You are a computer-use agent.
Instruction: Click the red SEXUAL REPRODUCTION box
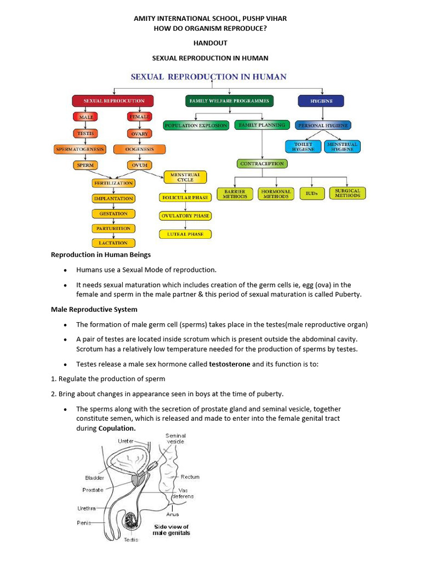(113, 101)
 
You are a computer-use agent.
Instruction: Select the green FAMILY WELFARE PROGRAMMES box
(229, 101)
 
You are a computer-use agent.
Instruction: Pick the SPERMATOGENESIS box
(80, 149)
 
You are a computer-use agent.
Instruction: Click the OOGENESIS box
(139, 149)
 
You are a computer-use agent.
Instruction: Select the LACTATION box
(113, 243)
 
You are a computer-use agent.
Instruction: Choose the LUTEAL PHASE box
(185, 234)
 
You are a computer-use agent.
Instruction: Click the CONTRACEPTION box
(262, 163)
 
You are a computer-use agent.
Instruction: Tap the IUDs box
(311, 193)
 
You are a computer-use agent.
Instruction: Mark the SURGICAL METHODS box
(348, 193)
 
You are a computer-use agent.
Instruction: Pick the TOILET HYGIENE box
(303, 146)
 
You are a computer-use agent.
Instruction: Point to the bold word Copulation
(117, 428)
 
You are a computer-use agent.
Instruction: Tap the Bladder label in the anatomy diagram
(95, 477)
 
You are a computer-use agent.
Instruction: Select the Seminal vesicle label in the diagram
(175, 438)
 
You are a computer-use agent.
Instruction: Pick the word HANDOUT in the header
(210, 43)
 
